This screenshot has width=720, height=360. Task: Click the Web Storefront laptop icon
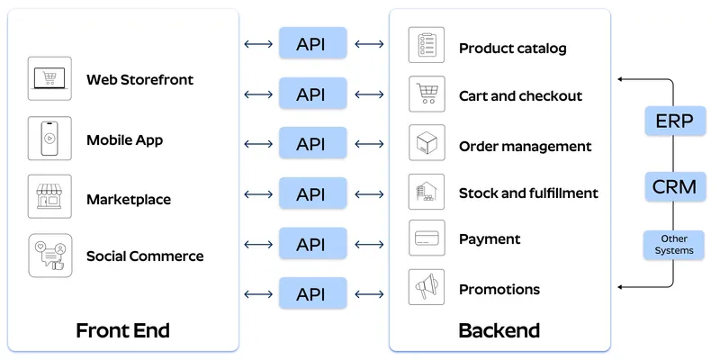coord(49,79)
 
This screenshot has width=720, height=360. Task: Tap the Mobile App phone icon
coord(49,139)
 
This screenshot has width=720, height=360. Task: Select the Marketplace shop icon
coord(49,197)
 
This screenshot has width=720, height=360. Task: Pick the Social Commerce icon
coord(49,256)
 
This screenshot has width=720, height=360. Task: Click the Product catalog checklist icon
coord(427,45)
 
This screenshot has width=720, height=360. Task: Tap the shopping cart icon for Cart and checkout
coord(427,94)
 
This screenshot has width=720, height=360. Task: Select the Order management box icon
coord(427,144)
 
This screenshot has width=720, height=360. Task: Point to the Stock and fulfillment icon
coord(427,192)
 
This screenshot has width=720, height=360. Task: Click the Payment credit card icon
coord(427,238)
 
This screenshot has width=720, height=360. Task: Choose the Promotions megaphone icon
coord(427,288)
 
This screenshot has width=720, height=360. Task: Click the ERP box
coord(674,121)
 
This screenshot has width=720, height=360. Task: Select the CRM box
coord(674,186)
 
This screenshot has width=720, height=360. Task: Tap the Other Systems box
coord(674,245)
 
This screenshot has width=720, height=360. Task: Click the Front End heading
coord(122,330)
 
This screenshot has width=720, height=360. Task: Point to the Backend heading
coord(499,330)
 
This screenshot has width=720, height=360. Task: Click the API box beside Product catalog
coord(310,43)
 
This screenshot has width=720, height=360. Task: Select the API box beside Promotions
coord(310,293)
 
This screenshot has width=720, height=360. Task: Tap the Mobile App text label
coord(124,139)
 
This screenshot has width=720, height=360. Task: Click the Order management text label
coord(525,146)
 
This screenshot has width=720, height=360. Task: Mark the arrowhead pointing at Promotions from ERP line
coord(621,288)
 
